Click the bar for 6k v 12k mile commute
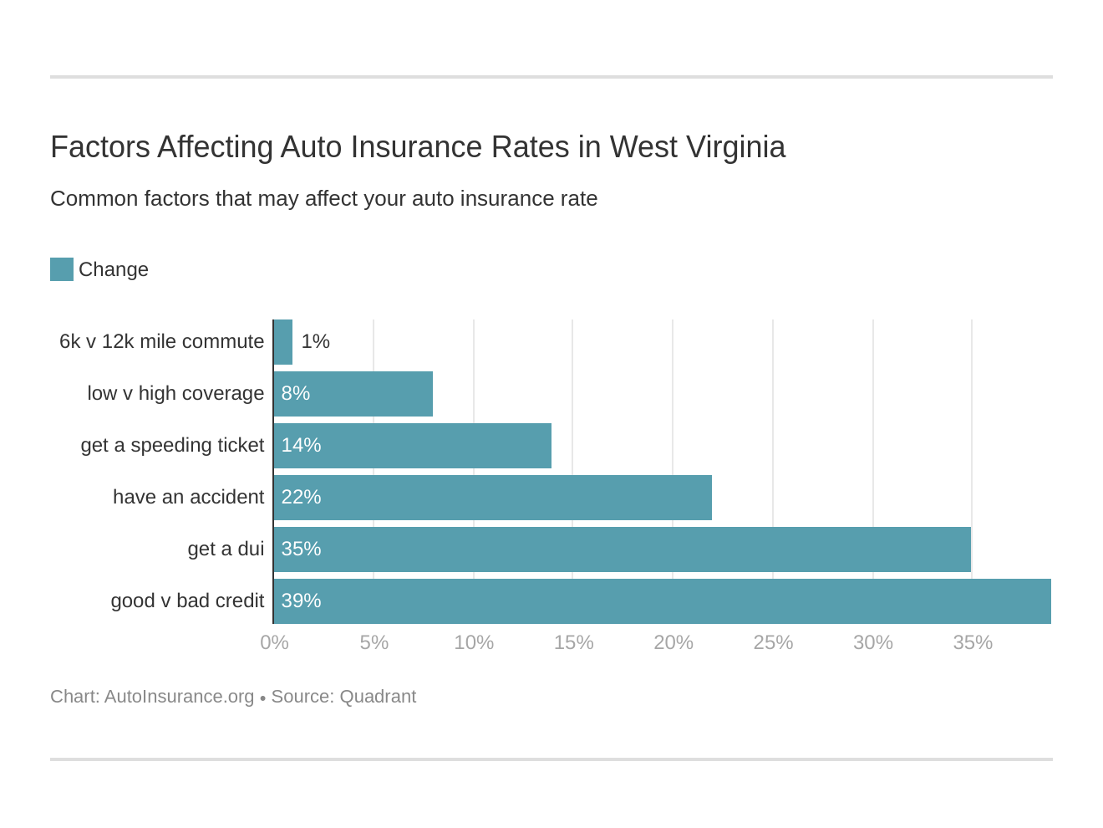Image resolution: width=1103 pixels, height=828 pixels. click(283, 342)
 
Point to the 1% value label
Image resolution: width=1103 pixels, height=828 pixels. click(315, 341)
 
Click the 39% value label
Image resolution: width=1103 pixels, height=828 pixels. click(301, 601)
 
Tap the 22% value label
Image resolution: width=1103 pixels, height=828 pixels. click(301, 497)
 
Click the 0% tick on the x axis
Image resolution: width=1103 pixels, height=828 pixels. click(274, 642)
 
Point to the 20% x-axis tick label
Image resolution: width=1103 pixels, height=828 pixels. click(673, 642)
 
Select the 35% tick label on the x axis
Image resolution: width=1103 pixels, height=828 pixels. click(972, 642)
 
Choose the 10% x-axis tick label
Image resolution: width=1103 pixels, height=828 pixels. click(474, 642)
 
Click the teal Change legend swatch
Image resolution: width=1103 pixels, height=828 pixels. click(62, 269)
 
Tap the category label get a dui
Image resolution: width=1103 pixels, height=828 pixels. click(226, 549)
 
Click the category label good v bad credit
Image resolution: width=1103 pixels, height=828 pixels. click(187, 601)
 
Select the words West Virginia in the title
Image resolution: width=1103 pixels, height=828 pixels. click(697, 147)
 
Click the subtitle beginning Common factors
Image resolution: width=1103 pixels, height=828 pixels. click(323, 198)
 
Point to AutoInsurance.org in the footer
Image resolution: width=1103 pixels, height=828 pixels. click(179, 697)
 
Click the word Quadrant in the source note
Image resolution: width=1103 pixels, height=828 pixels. click(377, 697)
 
